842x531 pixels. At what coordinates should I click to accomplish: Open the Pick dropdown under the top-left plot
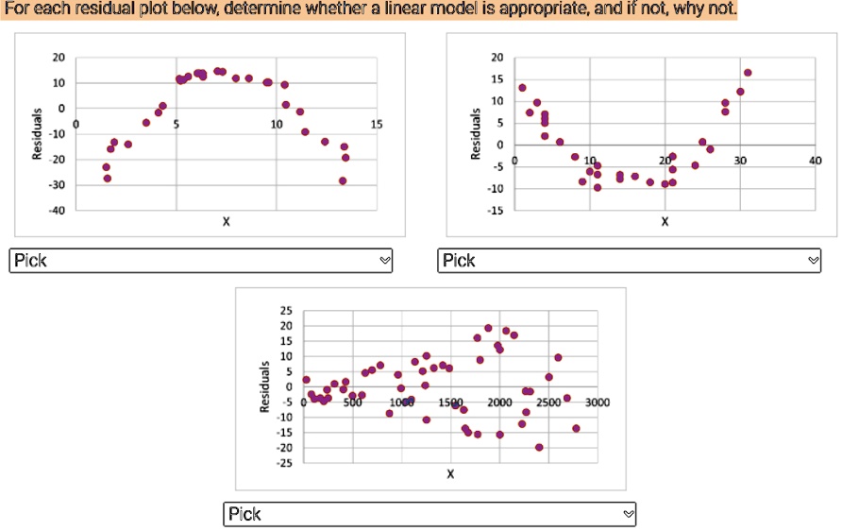(200, 261)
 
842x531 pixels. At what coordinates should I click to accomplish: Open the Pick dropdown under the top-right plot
(630, 261)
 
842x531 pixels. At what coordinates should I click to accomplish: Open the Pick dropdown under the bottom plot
(429, 514)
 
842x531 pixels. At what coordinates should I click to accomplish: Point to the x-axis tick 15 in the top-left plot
(378, 125)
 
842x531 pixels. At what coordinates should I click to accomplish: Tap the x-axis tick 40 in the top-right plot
(815, 161)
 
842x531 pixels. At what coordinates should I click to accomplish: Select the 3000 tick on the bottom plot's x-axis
(598, 403)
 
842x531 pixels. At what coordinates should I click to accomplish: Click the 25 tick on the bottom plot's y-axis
(287, 310)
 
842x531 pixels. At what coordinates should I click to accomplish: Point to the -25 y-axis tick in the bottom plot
(285, 463)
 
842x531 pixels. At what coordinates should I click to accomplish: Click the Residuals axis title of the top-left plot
(37, 133)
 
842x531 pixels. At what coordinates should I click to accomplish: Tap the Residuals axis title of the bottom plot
(266, 386)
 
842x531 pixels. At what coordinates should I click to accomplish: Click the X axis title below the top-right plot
(665, 221)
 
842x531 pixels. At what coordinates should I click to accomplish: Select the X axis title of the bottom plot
(450, 473)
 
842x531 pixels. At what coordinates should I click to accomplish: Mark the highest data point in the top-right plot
(748, 72)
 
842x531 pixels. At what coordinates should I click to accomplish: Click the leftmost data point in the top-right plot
(522, 88)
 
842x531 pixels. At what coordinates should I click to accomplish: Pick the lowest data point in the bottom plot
(539, 447)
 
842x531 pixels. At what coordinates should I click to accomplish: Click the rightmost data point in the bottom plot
(576, 428)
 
